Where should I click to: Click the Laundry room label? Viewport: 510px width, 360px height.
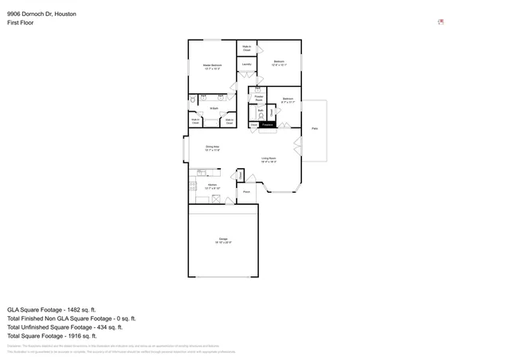(247, 64)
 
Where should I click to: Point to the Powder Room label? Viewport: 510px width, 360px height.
(259, 99)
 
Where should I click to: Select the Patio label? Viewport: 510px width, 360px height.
(314, 127)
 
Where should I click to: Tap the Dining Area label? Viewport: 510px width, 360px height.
(212, 148)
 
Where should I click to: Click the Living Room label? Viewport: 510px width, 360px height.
(269, 159)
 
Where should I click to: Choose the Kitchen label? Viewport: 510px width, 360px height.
(212, 186)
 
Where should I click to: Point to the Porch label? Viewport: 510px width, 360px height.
(246, 192)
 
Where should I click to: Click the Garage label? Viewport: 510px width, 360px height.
(223, 240)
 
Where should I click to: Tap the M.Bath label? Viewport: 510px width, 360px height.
(214, 108)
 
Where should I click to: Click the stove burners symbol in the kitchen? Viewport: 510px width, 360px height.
(193, 186)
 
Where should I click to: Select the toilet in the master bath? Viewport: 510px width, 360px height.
(193, 101)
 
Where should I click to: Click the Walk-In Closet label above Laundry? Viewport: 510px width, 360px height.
(247, 49)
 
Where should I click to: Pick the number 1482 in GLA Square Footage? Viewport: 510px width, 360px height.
(80, 309)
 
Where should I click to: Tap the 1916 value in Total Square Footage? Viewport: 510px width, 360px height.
(84, 335)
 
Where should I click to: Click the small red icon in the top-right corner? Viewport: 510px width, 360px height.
(441, 22)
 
